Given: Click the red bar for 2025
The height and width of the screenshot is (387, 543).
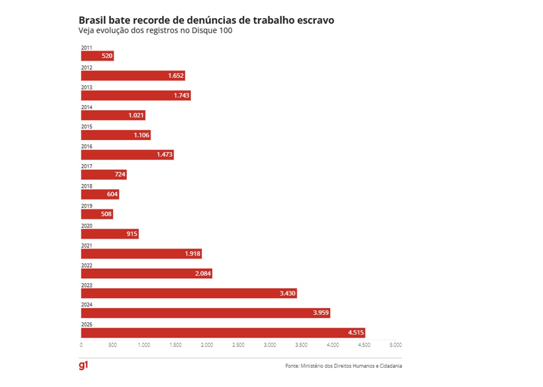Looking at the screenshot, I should [x=223, y=333].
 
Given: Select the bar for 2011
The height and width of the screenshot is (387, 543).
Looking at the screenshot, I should [x=97, y=56].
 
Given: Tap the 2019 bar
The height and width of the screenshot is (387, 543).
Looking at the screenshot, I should [x=97, y=214].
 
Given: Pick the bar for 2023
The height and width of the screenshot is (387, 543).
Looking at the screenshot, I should [x=189, y=293].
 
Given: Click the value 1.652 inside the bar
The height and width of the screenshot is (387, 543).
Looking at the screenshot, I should [x=176, y=76].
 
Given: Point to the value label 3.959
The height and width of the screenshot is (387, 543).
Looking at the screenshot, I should [x=321, y=313].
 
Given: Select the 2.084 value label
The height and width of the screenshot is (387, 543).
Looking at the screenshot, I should [x=203, y=273].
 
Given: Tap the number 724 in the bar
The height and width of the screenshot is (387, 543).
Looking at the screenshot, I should [x=120, y=175].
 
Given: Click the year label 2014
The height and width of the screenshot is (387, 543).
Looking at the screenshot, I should [x=86, y=107].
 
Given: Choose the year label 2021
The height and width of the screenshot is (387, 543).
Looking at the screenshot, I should [x=86, y=246].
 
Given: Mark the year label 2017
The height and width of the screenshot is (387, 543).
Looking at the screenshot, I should [x=86, y=166].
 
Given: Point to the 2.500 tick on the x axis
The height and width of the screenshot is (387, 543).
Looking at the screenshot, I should [x=238, y=345].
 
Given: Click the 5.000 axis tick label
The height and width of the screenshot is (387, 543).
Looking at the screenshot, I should [x=395, y=345].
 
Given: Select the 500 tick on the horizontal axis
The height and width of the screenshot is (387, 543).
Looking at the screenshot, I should [x=113, y=345].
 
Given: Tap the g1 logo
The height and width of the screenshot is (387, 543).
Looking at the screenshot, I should [x=83, y=365].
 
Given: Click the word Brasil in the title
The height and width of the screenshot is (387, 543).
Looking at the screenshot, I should [x=92, y=20].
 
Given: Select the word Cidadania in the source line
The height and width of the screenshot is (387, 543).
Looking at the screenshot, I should [x=390, y=366].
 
